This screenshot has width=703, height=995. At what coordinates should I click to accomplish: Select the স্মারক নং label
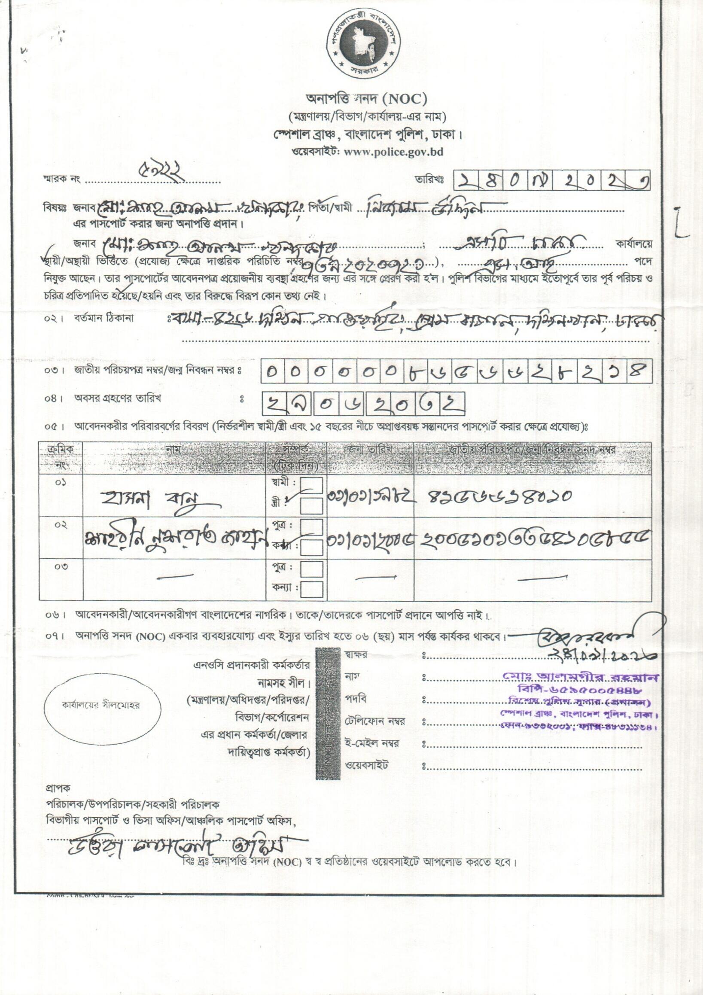61,179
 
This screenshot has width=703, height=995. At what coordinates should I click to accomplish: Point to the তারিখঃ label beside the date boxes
429,180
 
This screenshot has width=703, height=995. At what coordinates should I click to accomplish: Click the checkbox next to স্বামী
312,485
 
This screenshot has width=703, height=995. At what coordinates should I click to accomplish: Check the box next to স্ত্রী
312,505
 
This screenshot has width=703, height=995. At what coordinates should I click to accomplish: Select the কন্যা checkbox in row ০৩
312,589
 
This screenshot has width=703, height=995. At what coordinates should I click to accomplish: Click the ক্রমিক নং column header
61,458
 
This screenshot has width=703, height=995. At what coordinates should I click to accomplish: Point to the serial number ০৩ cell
61,567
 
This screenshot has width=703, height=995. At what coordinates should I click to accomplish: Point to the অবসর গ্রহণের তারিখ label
118,398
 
